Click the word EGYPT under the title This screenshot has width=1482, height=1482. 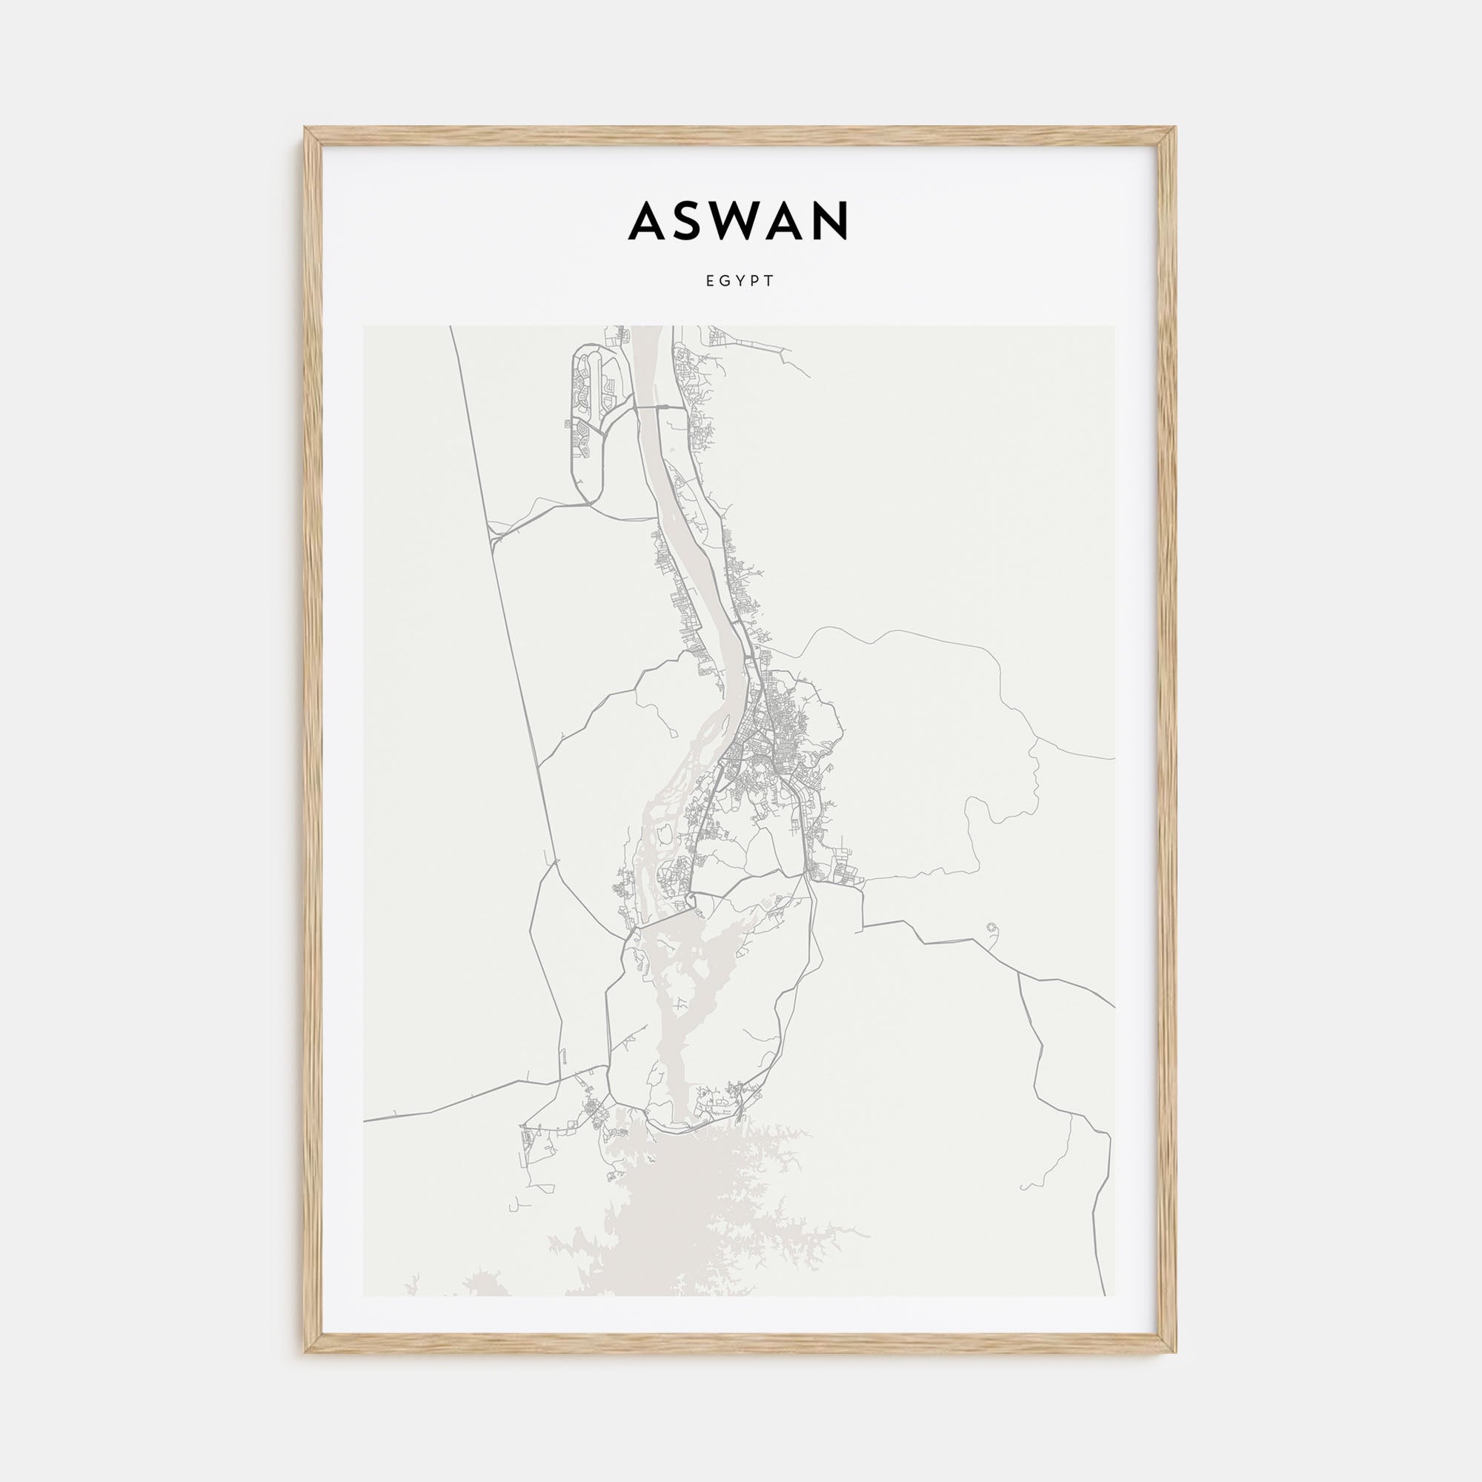[x=740, y=282]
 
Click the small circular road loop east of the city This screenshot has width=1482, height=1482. [x=994, y=929]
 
